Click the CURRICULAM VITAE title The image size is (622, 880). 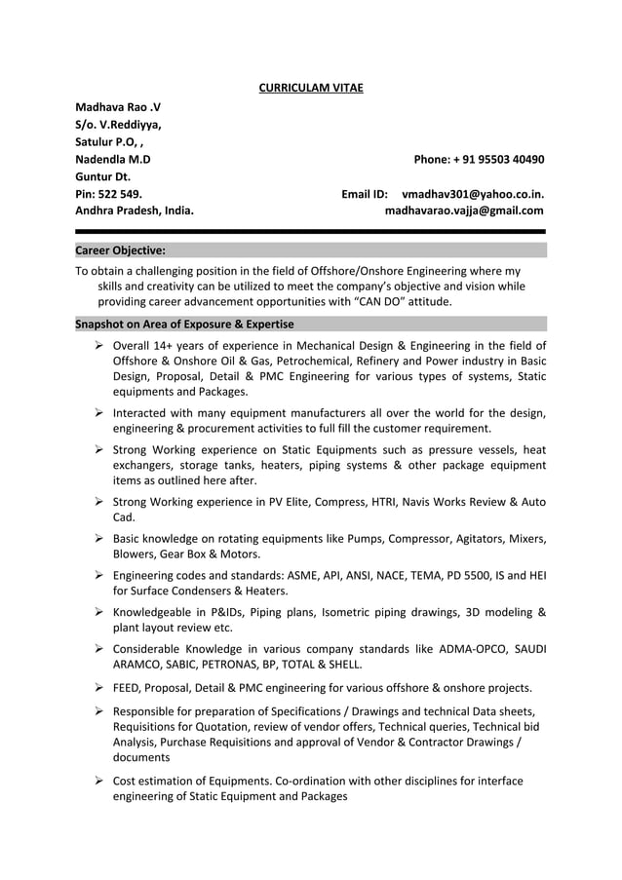[x=310, y=89]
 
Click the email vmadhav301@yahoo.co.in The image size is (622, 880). [x=473, y=194]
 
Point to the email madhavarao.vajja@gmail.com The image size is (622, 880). [x=464, y=210]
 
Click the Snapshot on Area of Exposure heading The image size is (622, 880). [x=184, y=324]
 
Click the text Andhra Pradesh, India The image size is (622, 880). [x=135, y=210]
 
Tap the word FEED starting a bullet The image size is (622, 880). [x=128, y=687]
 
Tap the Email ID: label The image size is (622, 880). [x=365, y=194]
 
